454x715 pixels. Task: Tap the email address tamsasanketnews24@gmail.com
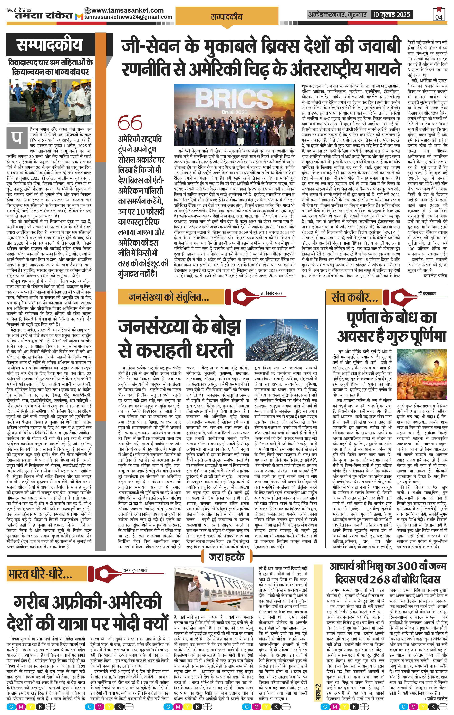pyautogui.click(x=128, y=17)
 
